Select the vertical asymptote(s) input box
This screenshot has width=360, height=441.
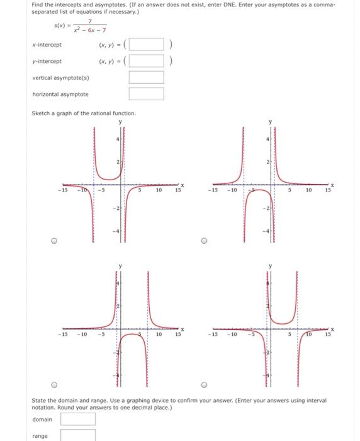click(x=146, y=78)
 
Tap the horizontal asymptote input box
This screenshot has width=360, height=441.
click(x=146, y=94)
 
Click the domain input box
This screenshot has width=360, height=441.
click(x=78, y=419)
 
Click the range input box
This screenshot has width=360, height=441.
click(x=78, y=435)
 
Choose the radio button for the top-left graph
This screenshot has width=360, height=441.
click(x=55, y=240)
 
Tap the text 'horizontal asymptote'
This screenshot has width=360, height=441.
click(x=60, y=94)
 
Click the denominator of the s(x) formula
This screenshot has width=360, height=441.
click(x=91, y=29)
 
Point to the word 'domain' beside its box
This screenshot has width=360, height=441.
click(x=43, y=419)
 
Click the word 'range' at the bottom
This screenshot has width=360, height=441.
click(x=40, y=435)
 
